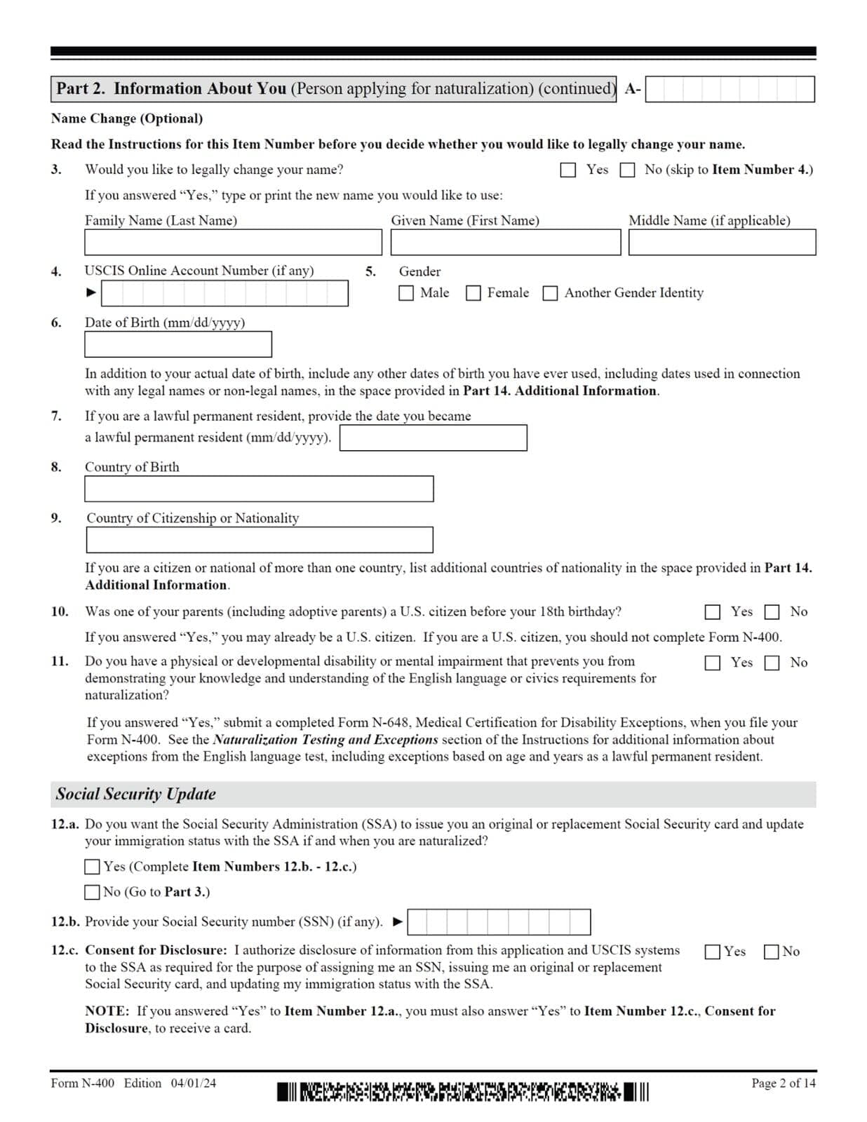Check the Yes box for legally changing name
568,170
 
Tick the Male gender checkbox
406,293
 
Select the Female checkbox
473,293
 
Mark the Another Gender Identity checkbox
551,293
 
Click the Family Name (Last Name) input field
233,243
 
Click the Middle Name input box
722,243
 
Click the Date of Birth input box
178,344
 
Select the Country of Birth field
259,489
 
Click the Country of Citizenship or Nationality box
259,540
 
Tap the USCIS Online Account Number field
224,293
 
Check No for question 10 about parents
772,612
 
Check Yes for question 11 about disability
712,663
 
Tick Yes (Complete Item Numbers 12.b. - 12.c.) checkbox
92,867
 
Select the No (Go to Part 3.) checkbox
92,892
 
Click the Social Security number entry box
499,922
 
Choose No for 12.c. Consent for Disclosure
772,952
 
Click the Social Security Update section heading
136,794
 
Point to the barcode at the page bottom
462,1092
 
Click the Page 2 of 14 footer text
783,1083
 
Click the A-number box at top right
730,90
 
